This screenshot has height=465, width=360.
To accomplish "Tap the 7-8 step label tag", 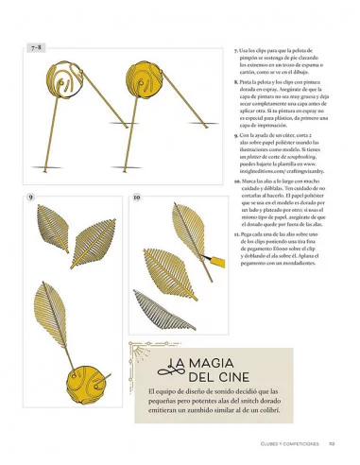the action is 37,45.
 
